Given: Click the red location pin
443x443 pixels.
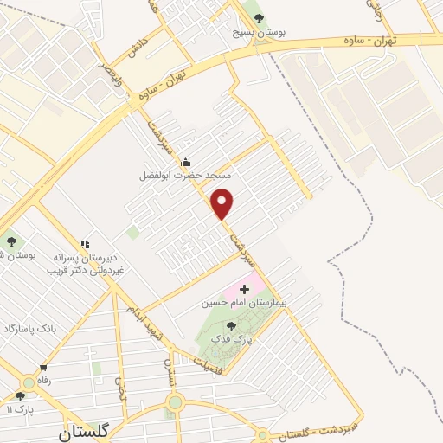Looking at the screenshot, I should coord(223,203).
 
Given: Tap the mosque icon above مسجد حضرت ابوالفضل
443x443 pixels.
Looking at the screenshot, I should coord(184,162).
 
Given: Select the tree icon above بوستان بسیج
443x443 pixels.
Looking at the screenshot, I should coord(259,19).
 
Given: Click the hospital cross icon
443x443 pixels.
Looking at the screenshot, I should coord(244,287).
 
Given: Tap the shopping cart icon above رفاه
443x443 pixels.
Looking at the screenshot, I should coord(41,367).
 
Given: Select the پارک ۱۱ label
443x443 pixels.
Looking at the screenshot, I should coord(18,409).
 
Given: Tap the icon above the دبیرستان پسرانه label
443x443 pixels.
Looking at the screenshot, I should coord(85,245).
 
